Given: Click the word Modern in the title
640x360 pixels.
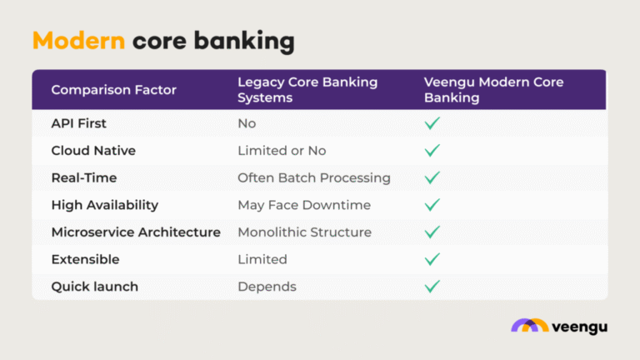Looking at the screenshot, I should click(78, 41).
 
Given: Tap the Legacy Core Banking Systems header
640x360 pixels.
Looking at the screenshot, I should click(307, 89).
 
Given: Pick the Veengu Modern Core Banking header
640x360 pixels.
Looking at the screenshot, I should click(493, 89).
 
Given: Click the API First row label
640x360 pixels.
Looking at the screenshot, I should click(79, 123).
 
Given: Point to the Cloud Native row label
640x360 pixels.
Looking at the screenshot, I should click(93, 151).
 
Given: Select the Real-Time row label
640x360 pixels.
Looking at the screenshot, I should click(84, 177).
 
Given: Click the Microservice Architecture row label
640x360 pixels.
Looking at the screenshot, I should click(136, 232).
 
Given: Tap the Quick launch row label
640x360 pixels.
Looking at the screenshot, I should click(95, 287).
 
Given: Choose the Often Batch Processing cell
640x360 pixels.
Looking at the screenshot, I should click(314, 177).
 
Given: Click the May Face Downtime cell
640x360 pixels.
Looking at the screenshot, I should click(304, 205).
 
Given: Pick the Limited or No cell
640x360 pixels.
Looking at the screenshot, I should click(282, 151).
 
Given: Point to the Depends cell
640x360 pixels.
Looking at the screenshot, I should click(267, 287).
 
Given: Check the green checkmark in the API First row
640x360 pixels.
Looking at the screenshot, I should click(432, 123).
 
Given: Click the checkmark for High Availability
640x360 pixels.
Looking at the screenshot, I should click(432, 205).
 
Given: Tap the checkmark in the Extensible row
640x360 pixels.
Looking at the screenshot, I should click(432, 259).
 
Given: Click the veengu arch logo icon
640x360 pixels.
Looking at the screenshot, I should click(529, 326).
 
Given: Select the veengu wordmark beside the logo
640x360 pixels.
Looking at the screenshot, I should click(579, 327).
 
